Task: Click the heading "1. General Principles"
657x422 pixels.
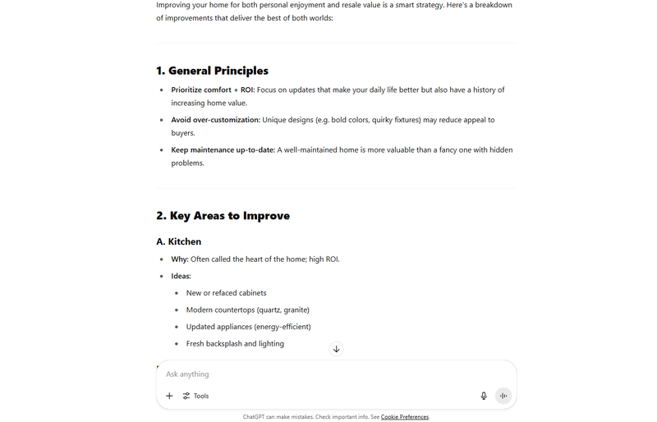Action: coord(212,71)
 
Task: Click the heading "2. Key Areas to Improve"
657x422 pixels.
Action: coord(223,216)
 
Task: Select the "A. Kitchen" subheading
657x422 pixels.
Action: coord(178,241)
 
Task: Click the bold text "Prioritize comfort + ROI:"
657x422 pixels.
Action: coord(213,89)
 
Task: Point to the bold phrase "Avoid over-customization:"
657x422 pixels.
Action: coord(215,120)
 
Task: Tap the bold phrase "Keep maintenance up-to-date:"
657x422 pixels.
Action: coord(223,150)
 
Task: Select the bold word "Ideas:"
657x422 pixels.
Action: coord(181,276)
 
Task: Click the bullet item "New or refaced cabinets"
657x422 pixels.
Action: coord(226,293)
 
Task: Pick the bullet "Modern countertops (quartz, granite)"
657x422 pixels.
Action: coord(247,310)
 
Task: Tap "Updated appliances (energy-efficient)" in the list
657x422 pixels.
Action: coord(248,327)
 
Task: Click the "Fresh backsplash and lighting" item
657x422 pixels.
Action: coord(235,343)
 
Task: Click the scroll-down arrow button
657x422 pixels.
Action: coord(336,349)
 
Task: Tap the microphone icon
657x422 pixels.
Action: coord(484,396)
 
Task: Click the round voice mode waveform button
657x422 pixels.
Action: coord(503,396)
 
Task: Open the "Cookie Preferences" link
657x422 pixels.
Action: coord(404,417)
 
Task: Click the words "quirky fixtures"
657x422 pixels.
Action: coord(397,120)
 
